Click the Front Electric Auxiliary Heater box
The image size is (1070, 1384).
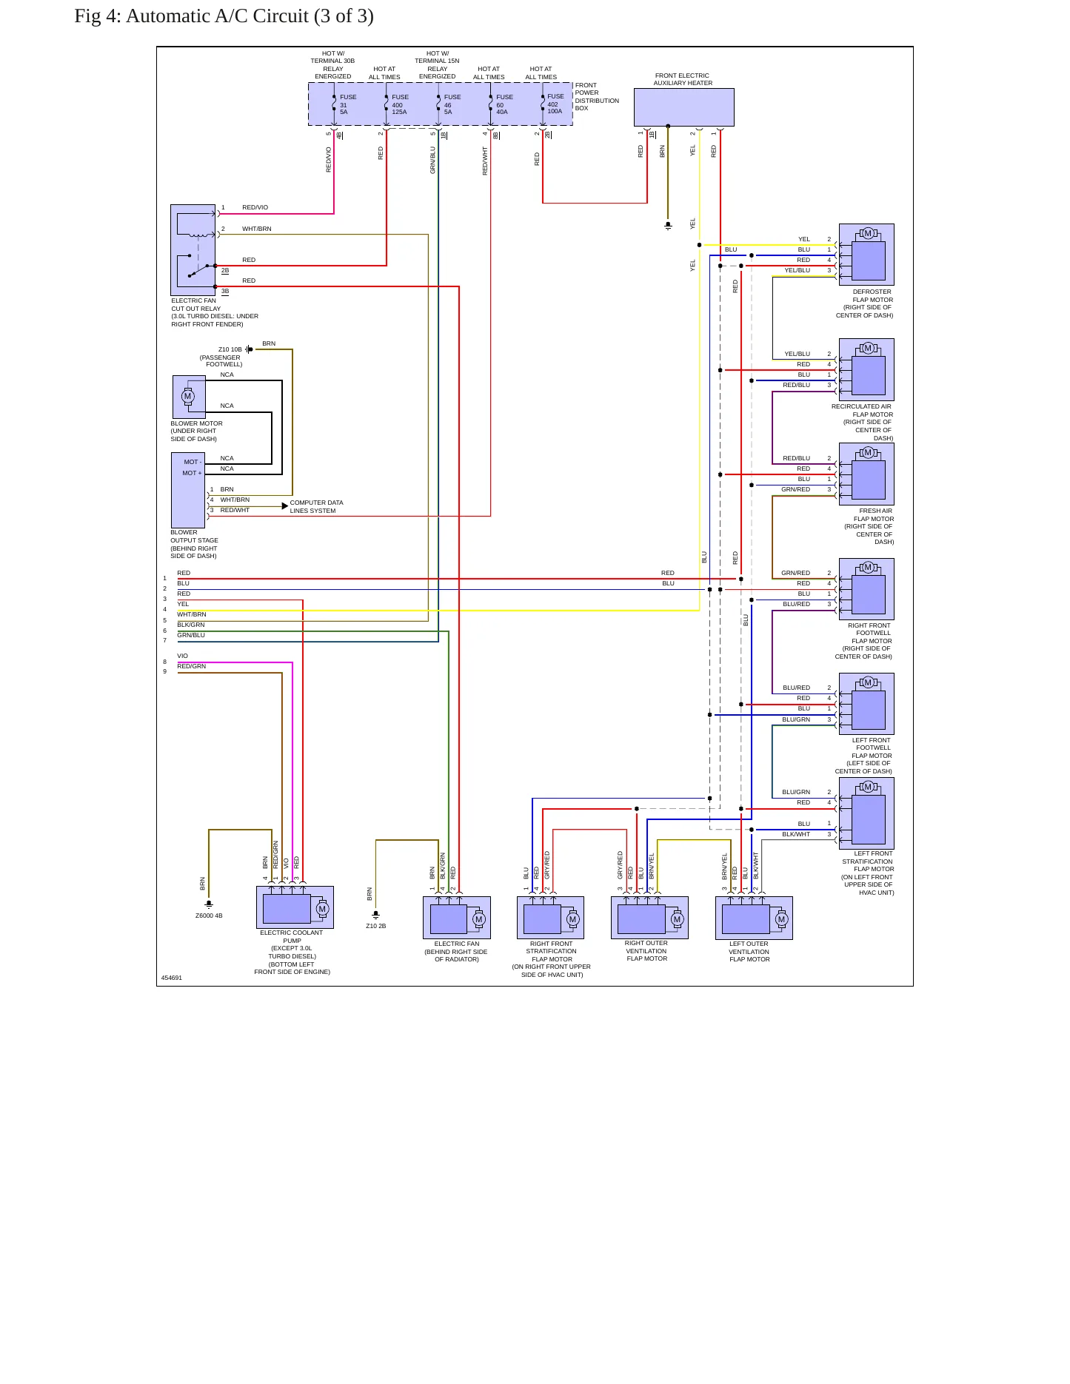click(683, 107)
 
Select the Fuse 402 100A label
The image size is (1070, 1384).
click(555, 104)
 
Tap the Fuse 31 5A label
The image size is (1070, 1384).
click(347, 104)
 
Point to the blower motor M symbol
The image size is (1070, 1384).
click(187, 397)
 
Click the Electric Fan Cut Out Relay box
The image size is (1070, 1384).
click(193, 250)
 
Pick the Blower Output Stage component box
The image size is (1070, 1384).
click(188, 490)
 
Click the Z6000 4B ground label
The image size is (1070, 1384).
click(209, 916)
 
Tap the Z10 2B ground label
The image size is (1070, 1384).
click(375, 926)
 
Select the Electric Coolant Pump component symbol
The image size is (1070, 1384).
click(295, 907)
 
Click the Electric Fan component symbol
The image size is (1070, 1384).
click(456, 918)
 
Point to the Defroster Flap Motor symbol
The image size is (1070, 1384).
click(866, 255)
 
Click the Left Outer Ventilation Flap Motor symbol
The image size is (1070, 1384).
click(754, 918)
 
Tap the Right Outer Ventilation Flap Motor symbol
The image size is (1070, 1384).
click(649, 918)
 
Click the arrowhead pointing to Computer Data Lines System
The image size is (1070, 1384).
click(285, 506)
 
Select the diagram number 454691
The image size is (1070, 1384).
click(172, 978)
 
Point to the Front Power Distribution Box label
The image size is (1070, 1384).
click(597, 97)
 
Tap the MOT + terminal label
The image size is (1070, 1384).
click(192, 473)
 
